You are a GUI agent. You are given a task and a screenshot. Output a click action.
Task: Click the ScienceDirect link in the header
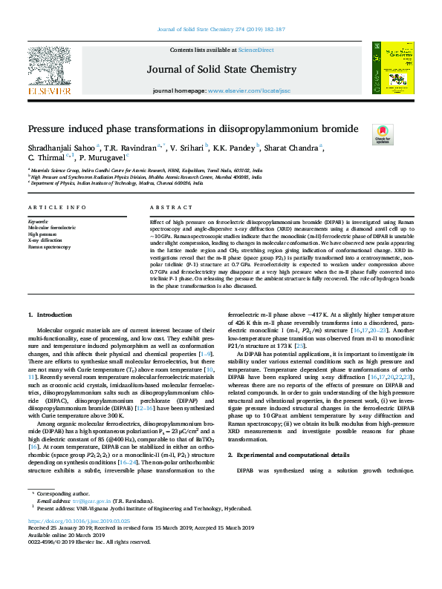click(256, 50)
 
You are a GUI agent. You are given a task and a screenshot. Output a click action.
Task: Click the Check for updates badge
click(383, 134)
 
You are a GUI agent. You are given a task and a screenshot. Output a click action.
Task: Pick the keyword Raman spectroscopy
click(49, 246)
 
